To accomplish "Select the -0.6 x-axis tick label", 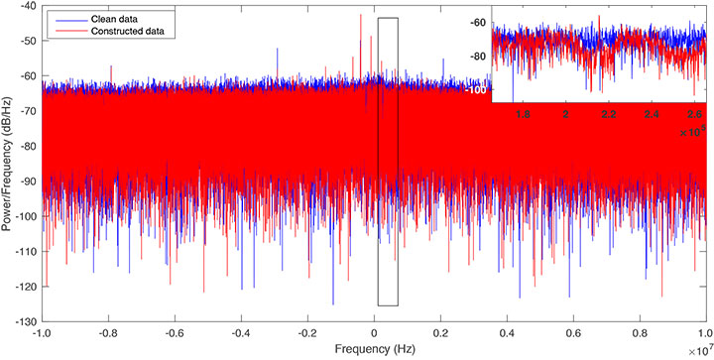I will [175, 334].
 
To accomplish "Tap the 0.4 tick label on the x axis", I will [508, 334].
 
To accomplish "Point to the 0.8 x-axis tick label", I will [641, 334].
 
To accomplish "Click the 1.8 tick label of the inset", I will [523, 114].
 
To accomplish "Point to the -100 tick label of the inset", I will [477, 90].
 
